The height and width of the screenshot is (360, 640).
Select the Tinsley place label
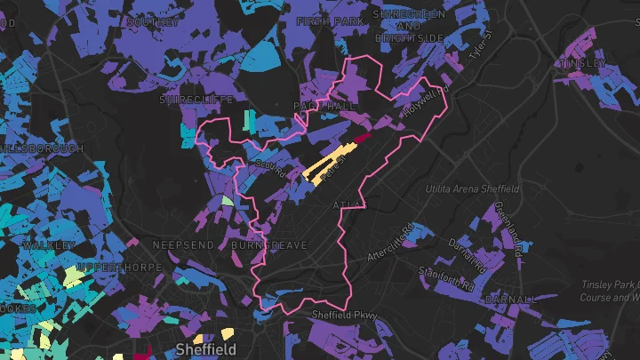(x=582, y=63)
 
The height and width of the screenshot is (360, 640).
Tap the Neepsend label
(x=184, y=244)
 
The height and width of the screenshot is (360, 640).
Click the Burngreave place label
(x=268, y=244)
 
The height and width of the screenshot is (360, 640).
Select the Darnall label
(x=512, y=300)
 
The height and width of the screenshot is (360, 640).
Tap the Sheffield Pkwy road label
(x=344, y=315)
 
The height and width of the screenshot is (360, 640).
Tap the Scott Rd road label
(x=269, y=166)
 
